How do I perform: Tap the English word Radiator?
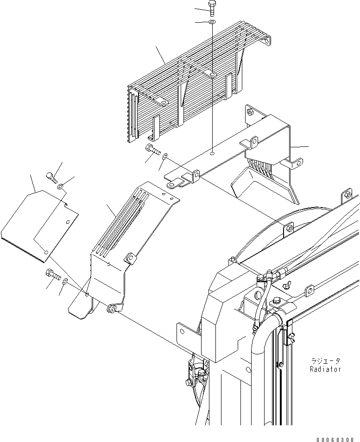pyautogui.click(x=325, y=369)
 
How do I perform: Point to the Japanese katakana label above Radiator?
pyautogui.click(x=326, y=361)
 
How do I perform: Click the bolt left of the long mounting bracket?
pyautogui.click(x=152, y=149)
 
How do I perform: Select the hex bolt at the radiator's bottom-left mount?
pyautogui.click(x=188, y=381)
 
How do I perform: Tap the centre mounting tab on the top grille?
pyautogui.click(x=212, y=75)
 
